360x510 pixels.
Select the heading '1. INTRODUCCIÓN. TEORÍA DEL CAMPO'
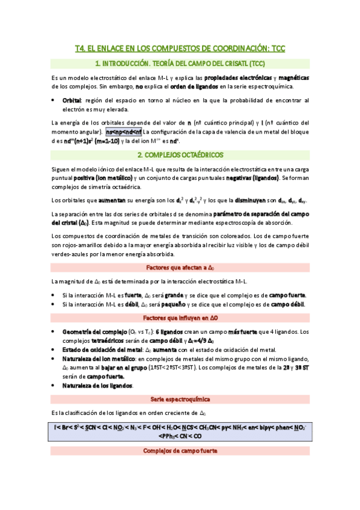(180, 63)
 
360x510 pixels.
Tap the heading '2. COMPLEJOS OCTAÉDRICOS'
(180, 155)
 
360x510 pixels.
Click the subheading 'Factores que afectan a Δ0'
(180, 268)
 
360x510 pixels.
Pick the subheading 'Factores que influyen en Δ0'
(180, 318)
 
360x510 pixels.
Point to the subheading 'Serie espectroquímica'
(180, 399)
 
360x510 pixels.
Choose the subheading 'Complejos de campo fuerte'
(180, 450)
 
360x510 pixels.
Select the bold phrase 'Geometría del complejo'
(90, 331)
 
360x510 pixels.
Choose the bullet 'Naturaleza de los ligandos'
(97, 385)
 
